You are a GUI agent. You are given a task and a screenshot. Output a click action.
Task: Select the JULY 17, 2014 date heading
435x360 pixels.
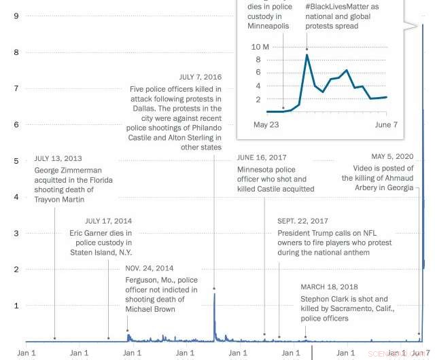coord(109,221)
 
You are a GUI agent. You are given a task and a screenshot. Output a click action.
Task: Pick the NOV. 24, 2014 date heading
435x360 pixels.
coord(150,268)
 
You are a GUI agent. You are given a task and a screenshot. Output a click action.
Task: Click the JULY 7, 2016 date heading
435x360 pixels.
coord(201,77)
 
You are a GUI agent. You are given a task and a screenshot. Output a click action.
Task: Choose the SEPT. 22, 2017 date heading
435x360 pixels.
coord(302,221)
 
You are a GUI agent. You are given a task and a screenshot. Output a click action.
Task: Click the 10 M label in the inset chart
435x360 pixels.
coord(261,47)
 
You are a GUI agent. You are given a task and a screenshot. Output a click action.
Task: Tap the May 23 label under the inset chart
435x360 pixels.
coord(266,125)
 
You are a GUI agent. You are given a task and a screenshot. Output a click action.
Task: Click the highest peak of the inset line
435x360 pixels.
coord(307,55)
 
